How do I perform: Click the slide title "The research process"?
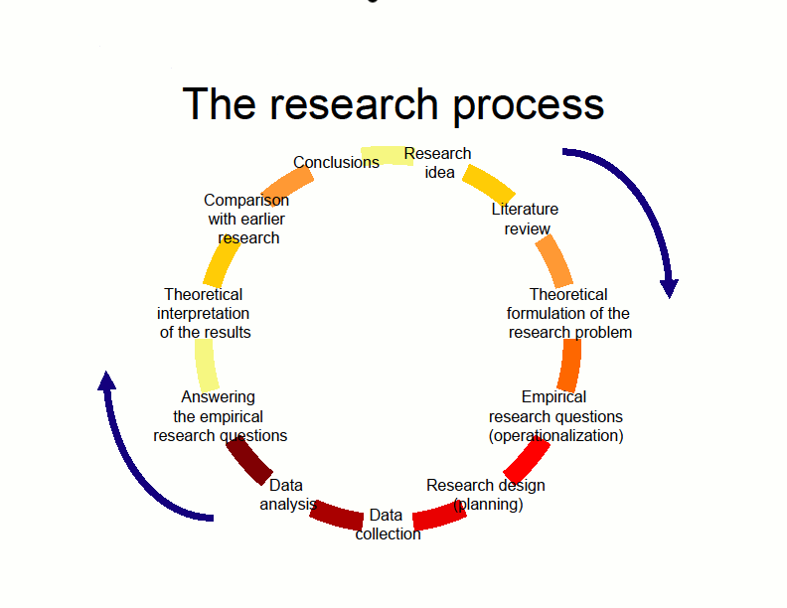click(x=393, y=104)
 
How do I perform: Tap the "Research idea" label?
click(x=438, y=163)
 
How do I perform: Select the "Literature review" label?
click(x=526, y=219)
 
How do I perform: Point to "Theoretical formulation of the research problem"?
click(x=569, y=313)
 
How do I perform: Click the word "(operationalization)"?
click(x=556, y=435)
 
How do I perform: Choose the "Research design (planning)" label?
click(x=486, y=494)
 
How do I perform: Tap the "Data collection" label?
click(x=388, y=524)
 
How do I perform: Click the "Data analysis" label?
click(x=285, y=494)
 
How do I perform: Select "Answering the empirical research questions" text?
click(x=220, y=416)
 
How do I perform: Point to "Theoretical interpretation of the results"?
click(x=205, y=313)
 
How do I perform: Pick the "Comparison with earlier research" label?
click(x=247, y=219)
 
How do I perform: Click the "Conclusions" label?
click(x=336, y=162)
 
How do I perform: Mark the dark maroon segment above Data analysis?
click(x=249, y=461)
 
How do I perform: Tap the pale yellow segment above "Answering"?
click(x=207, y=365)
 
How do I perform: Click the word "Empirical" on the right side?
click(x=553, y=397)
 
